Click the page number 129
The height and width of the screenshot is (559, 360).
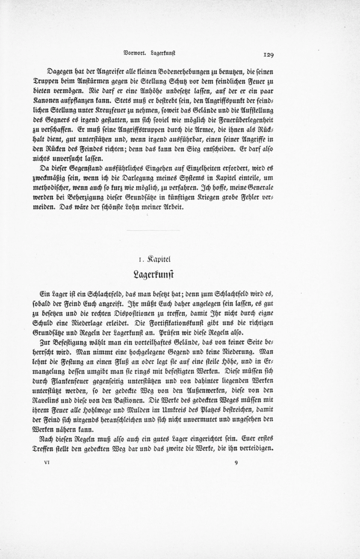tap(268, 53)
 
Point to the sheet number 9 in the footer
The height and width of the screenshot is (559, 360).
tap(236, 463)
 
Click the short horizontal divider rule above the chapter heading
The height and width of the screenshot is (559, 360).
tap(153, 231)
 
